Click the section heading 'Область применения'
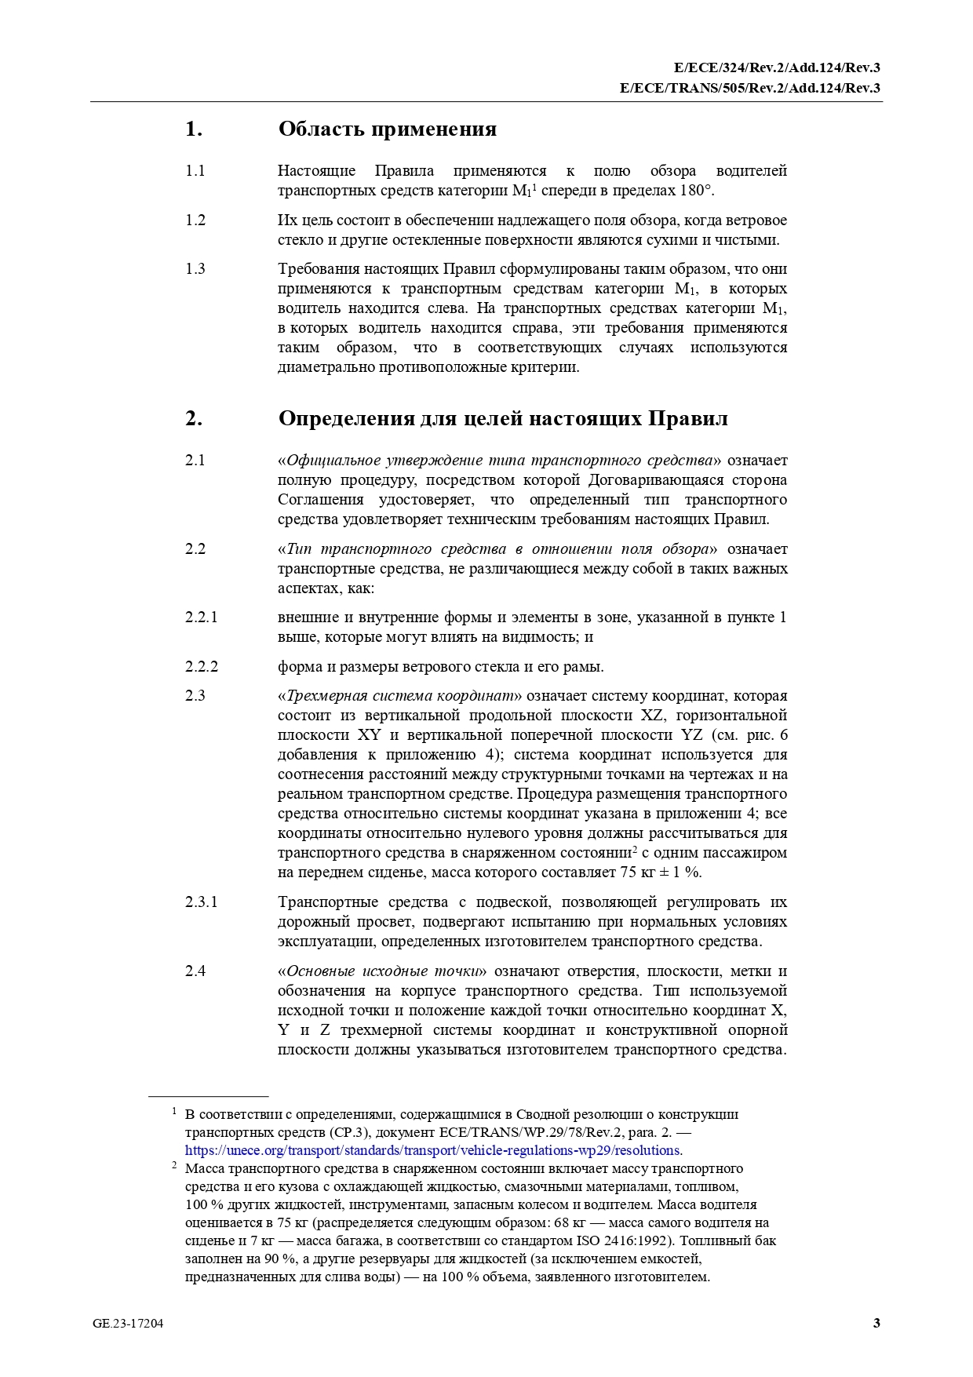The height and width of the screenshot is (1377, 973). pos(387,129)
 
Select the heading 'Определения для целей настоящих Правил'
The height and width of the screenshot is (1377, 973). pos(502,418)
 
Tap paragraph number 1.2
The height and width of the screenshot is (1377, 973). pos(195,220)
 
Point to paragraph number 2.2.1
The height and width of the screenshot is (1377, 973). pos(201,617)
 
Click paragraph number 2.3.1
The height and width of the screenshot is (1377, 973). pos(201,902)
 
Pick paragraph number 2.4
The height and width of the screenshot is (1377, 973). pos(195,971)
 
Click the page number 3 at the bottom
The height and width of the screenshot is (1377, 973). pos(876,1324)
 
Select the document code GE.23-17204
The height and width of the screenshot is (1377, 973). pos(128,1324)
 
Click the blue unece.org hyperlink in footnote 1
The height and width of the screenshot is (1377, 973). pos(432,1150)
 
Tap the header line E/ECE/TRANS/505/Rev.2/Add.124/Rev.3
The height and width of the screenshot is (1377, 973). pos(749,88)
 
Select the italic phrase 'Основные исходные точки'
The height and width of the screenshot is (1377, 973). pos(382,971)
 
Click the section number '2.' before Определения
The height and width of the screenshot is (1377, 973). pos(193,418)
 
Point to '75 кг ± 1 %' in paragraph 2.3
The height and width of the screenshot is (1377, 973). pos(661,872)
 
